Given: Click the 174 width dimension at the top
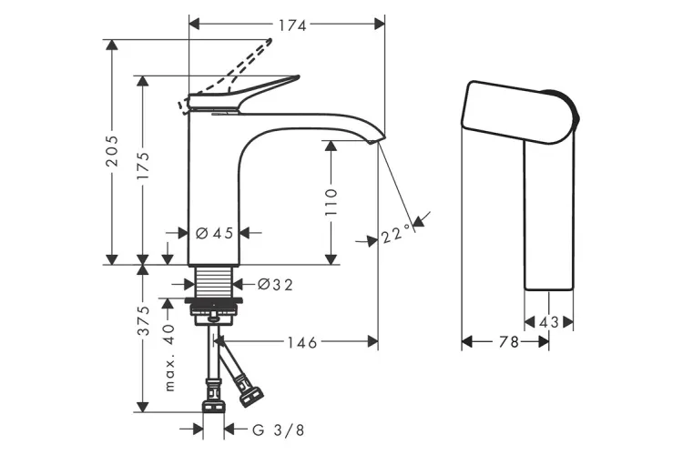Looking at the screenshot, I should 291,25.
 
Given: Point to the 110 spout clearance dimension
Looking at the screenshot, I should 330,201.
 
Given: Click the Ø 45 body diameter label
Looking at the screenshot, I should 216,233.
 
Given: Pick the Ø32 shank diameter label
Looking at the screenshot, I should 275,285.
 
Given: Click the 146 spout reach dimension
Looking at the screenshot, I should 300,343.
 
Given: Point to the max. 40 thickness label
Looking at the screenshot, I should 168,358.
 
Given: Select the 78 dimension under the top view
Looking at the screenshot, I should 507,342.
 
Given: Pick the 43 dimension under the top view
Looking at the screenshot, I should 549,321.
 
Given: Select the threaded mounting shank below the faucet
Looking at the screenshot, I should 217,281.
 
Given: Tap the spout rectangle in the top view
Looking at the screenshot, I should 549,218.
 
